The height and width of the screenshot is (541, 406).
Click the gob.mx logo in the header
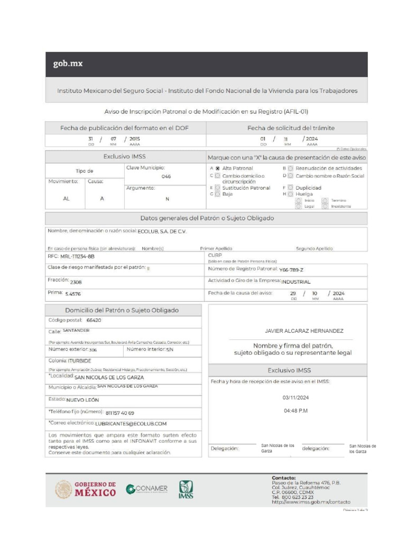pos(68,64)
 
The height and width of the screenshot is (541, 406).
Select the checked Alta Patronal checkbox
pos(217,169)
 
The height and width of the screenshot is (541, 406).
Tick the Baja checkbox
pos(217,194)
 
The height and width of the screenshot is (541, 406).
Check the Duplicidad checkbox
pos(290,188)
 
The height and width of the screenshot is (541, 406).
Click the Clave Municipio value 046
pos(166,176)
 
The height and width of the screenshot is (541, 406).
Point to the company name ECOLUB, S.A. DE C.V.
pos(162,231)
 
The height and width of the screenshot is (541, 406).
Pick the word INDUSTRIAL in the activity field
pos(296,282)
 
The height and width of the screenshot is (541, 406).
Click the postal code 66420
pos(94,320)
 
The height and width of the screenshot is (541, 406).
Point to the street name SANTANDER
pos(76,331)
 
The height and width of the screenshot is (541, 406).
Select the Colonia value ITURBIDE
pos(80,361)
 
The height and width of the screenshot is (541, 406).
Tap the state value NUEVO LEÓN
pos(82,400)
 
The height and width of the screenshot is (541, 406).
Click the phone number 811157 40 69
pos(120,413)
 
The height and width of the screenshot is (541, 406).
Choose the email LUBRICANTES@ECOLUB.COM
pos(131,424)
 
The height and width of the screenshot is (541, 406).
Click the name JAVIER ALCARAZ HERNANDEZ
pos(303,331)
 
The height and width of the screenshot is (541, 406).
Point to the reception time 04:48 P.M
pos(296,411)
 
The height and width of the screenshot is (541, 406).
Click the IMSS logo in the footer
pos(186,489)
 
